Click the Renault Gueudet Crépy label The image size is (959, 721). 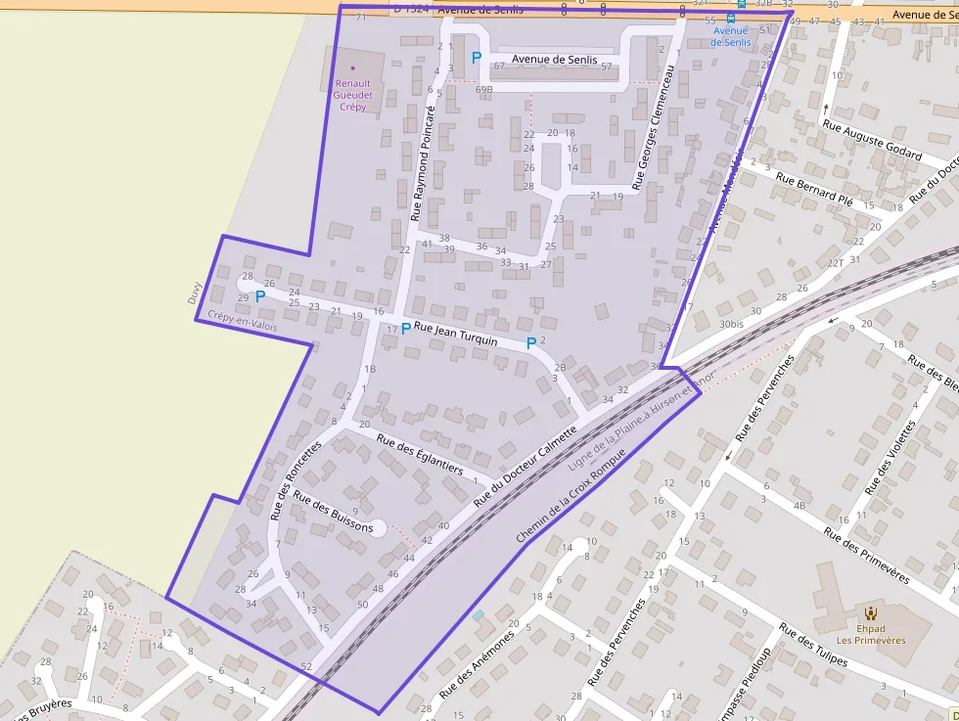352,95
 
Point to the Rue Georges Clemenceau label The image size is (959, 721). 655,127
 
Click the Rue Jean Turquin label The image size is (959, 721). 455,335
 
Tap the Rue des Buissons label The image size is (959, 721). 333,515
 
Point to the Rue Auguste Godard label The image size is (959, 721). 872,140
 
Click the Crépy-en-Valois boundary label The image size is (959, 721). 243,321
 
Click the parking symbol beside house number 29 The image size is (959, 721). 260,295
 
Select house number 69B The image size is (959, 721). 483,90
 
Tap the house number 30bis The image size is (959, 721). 731,324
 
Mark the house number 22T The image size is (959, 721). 835,263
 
